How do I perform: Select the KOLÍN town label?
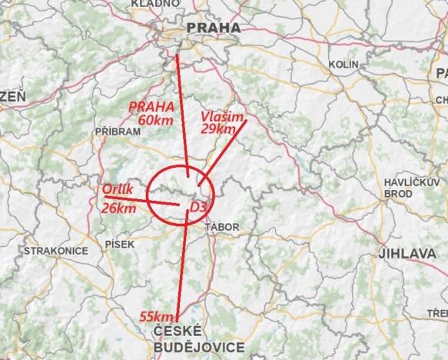[x=344, y=64]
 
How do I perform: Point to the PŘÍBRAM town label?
[x=117, y=132]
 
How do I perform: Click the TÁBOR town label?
[x=223, y=227]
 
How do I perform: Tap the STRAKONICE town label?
[x=48, y=251]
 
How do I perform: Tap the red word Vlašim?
[x=221, y=116]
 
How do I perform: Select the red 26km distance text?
[x=119, y=208]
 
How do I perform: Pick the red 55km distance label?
[x=158, y=316]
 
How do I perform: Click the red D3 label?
[x=198, y=207]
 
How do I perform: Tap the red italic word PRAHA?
[x=151, y=106]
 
